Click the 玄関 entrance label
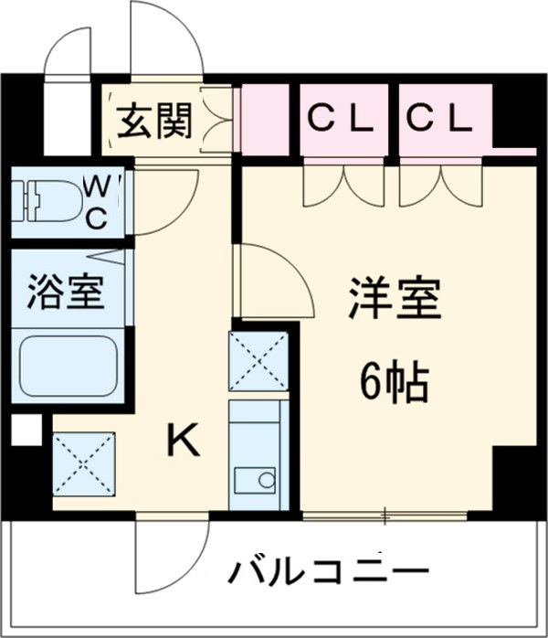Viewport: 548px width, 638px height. click(x=153, y=122)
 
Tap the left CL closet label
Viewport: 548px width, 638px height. click(x=340, y=117)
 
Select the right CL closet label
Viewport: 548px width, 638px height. click(x=439, y=117)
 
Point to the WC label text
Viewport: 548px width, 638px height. click(x=100, y=202)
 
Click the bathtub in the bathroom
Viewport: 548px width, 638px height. click(x=68, y=365)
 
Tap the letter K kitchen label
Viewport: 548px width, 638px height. click(x=182, y=443)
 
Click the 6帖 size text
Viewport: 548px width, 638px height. click(x=394, y=383)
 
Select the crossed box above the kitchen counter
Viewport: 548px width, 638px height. click(x=258, y=361)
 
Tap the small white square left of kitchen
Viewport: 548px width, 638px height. click(x=26, y=430)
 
